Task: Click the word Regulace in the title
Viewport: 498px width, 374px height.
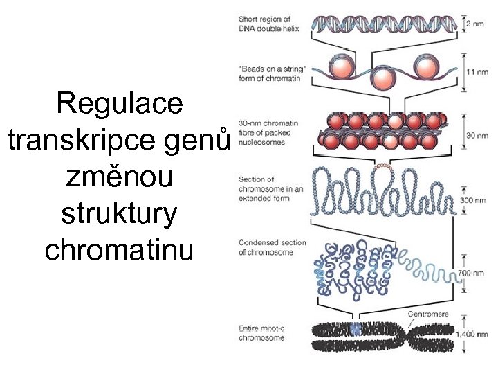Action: [120, 103]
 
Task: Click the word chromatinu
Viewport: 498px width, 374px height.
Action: [120, 250]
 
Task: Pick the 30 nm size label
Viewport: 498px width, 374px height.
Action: [477, 136]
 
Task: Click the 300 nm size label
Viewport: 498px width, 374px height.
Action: [477, 200]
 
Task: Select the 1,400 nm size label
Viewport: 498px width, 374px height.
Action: [474, 334]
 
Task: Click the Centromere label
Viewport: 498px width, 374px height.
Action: [429, 314]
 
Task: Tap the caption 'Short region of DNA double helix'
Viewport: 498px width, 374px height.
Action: [265, 24]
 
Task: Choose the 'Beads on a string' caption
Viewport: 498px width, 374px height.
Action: [272, 73]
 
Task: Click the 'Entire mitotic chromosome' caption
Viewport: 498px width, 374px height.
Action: [262, 333]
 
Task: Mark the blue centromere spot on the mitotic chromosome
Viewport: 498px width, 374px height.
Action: [356, 330]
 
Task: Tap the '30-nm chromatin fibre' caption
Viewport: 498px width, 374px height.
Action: [268, 132]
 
